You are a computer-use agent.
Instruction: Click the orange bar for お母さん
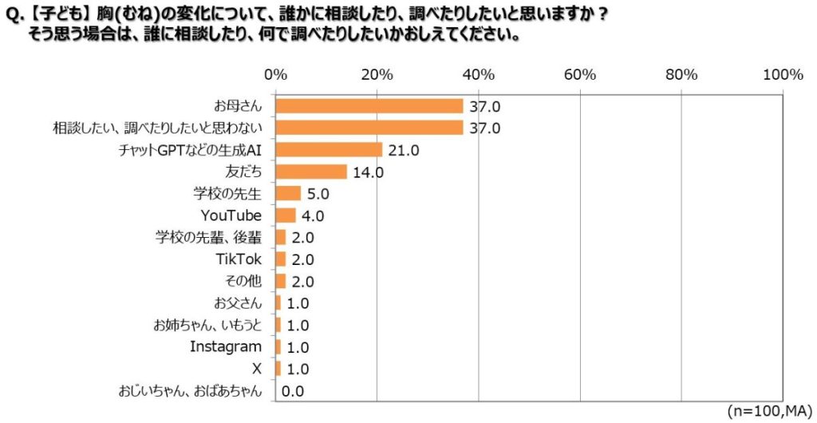tap(369, 106)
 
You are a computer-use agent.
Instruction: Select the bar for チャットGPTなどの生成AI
tap(329, 150)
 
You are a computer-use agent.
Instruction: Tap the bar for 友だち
tap(310, 172)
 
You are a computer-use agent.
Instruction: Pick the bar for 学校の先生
tap(288, 193)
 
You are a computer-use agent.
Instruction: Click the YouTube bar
tap(286, 215)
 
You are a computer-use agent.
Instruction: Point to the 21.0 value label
tap(403, 150)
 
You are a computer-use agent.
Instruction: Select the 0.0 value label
tap(293, 391)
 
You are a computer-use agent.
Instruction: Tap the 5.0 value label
tap(318, 193)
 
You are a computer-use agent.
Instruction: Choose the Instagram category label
tap(226, 346)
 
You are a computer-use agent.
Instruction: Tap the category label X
tap(255, 369)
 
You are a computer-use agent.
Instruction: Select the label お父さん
tap(238, 302)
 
